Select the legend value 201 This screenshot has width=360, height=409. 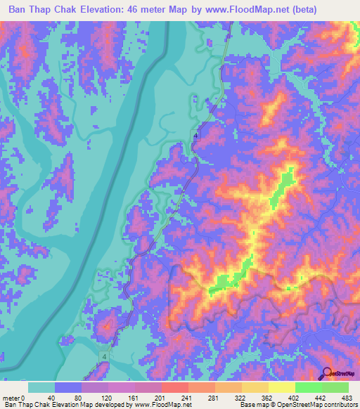coord(162,397)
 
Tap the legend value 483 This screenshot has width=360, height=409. coord(346,397)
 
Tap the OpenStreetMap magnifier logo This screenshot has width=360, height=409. coord(326,375)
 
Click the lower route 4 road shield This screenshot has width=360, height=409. coord(104,358)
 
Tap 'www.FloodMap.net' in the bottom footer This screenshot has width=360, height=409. coord(159,405)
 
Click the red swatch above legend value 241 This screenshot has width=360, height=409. coord(176,387)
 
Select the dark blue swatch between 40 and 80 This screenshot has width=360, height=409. coord(68,387)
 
